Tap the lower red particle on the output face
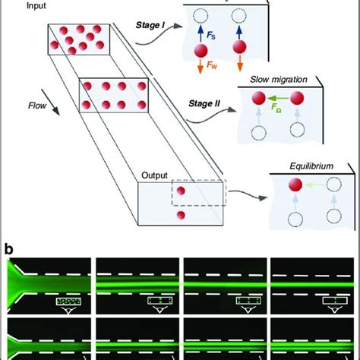tap(181, 216)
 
